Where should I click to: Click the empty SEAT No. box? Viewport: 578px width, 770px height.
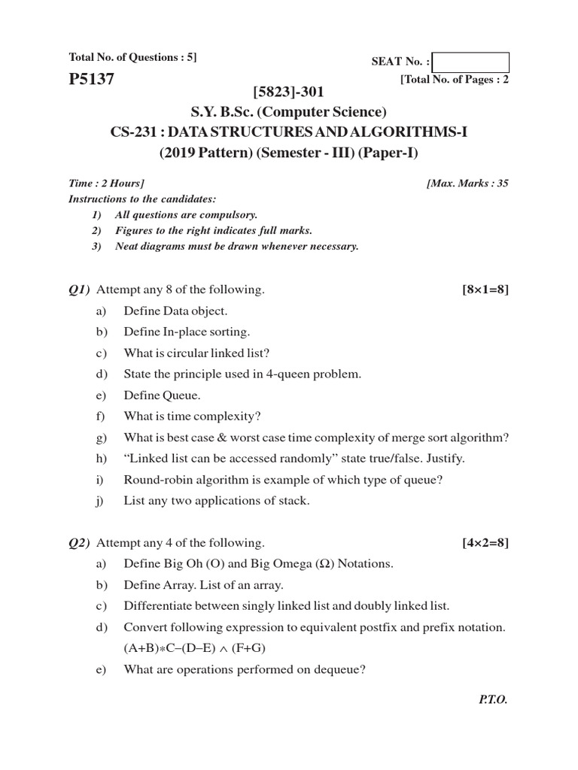[x=471, y=62]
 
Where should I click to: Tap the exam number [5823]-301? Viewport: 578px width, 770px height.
[x=288, y=92]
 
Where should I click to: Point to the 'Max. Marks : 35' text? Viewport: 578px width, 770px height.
[x=467, y=183]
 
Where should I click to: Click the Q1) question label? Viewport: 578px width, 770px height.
[x=79, y=290]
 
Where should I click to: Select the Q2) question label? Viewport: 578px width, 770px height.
[x=79, y=542]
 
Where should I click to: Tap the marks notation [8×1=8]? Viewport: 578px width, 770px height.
[x=485, y=290]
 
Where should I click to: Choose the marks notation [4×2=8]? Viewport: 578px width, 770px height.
[x=485, y=542]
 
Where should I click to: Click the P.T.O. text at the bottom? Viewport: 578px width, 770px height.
[x=493, y=699]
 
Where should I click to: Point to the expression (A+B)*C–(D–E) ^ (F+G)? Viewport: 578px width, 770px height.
[x=195, y=647]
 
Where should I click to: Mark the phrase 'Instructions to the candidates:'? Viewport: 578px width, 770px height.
[x=142, y=199]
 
